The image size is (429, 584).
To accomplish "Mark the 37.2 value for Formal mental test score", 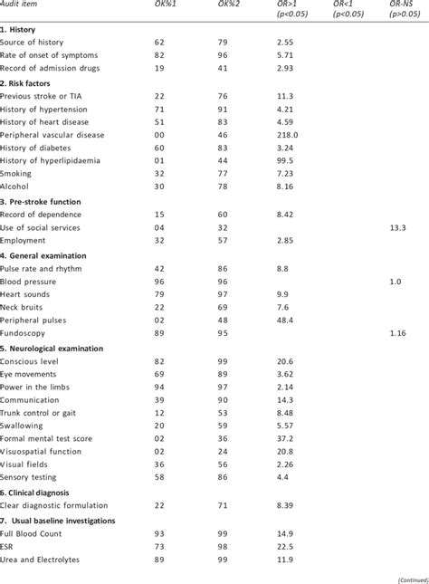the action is pyautogui.click(x=285, y=464).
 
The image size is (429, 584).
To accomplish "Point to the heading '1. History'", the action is pyautogui.click(x=18, y=30).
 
